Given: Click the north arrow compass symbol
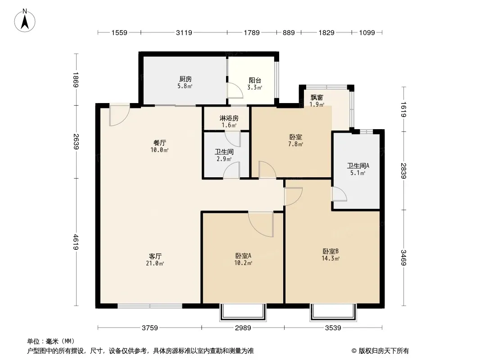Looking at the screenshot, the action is click(x=25, y=21).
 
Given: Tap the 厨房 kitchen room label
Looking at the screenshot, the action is click(x=186, y=79).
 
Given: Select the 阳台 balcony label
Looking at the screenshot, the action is click(x=255, y=81).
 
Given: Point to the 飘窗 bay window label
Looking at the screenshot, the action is click(x=317, y=98).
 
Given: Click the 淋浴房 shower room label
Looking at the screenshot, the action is click(x=229, y=118).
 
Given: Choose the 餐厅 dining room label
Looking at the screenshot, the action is click(x=159, y=143).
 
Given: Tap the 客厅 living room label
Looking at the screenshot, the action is click(x=155, y=256).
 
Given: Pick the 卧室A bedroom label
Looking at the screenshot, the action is click(x=243, y=256).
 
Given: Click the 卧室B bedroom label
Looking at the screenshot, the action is click(x=331, y=252).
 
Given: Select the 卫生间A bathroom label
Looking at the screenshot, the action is click(x=358, y=166).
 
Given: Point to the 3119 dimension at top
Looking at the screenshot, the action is click(x=184, y=32).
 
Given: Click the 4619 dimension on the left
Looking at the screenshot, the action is click(x=76, y=242).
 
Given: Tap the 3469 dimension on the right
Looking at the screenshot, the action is click(x=404, y=257).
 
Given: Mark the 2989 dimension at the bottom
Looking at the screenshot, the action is click(x=243, y=328).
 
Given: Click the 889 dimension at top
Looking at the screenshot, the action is click(x=289, y=32).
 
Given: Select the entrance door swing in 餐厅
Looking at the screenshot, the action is click(x=119, y=116).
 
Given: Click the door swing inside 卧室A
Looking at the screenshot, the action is click(x=261, y=224).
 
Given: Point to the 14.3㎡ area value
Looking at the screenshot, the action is click(x=331, y=259).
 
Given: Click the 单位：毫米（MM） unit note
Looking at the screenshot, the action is click(x=51, y=341).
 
